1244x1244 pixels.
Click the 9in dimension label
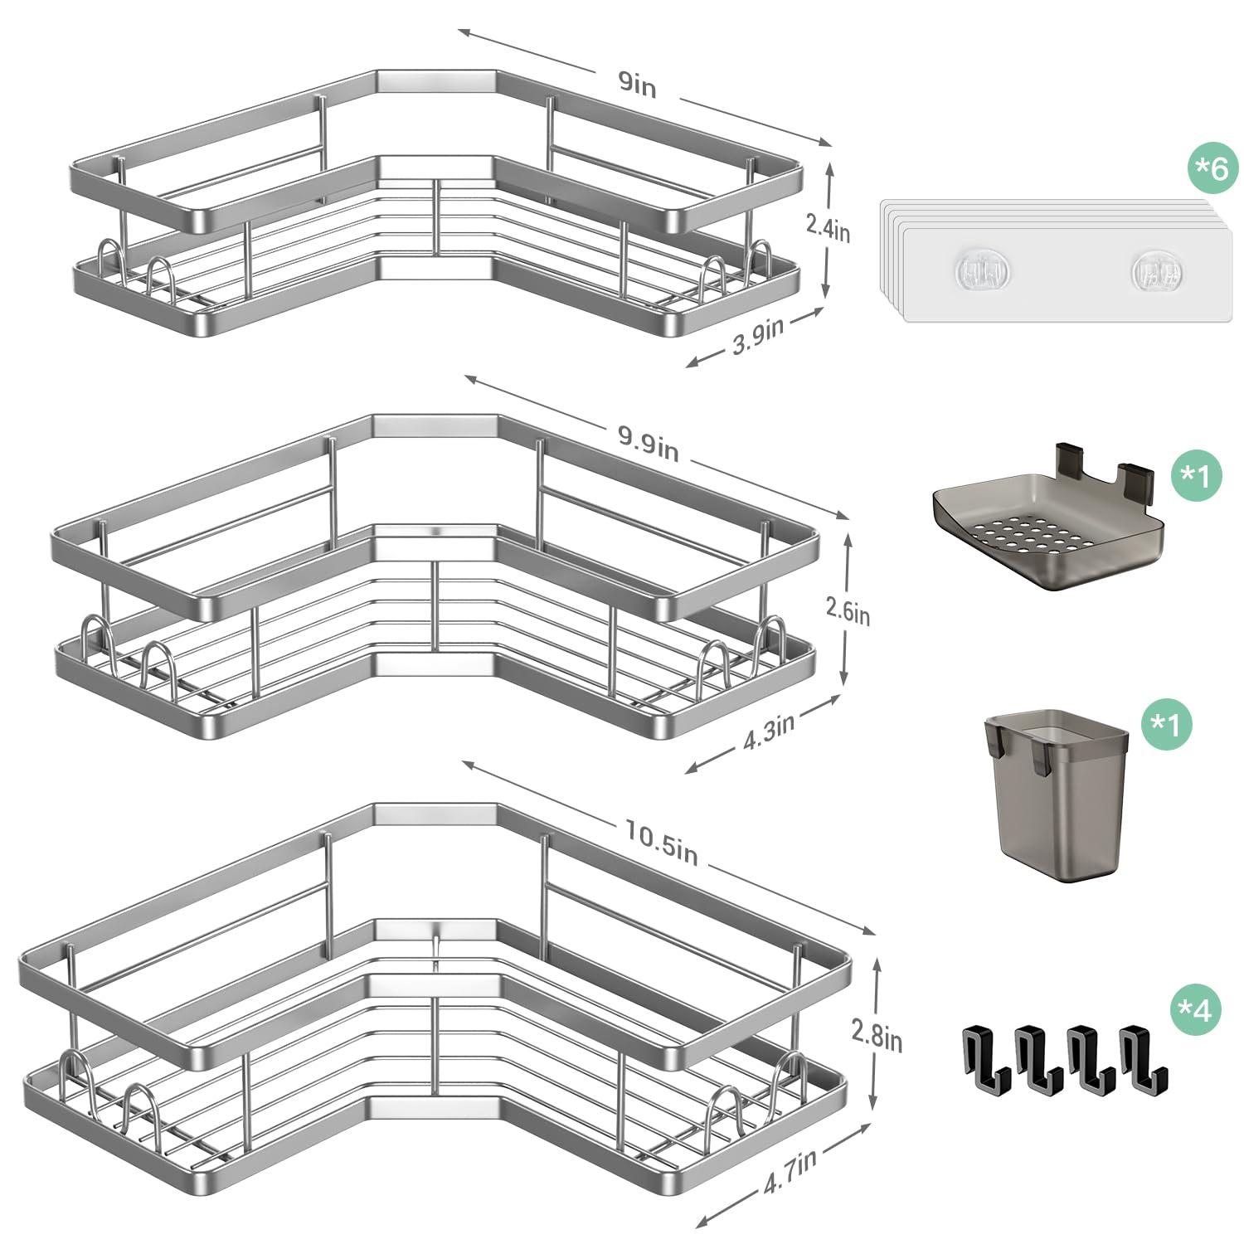[x=638, y=85]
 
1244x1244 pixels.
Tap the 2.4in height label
[x=828, y=227]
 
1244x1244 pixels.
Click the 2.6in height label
[x=848, y=612]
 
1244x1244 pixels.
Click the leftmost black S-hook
[x=986, y=1057]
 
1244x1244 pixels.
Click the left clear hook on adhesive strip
[x=982, y=271]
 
